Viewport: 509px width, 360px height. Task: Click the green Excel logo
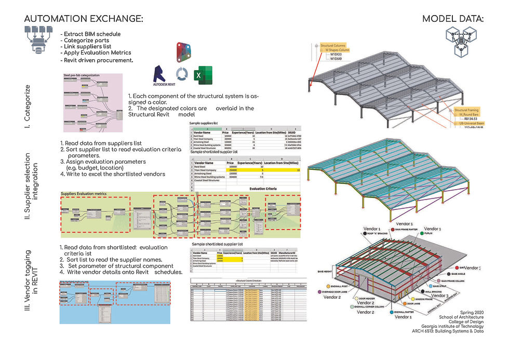coord(199,76)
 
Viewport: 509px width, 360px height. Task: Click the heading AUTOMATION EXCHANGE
coord(83,19)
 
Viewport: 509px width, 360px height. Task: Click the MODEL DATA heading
coord(452,19)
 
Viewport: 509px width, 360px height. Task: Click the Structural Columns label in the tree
coord(334,46)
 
